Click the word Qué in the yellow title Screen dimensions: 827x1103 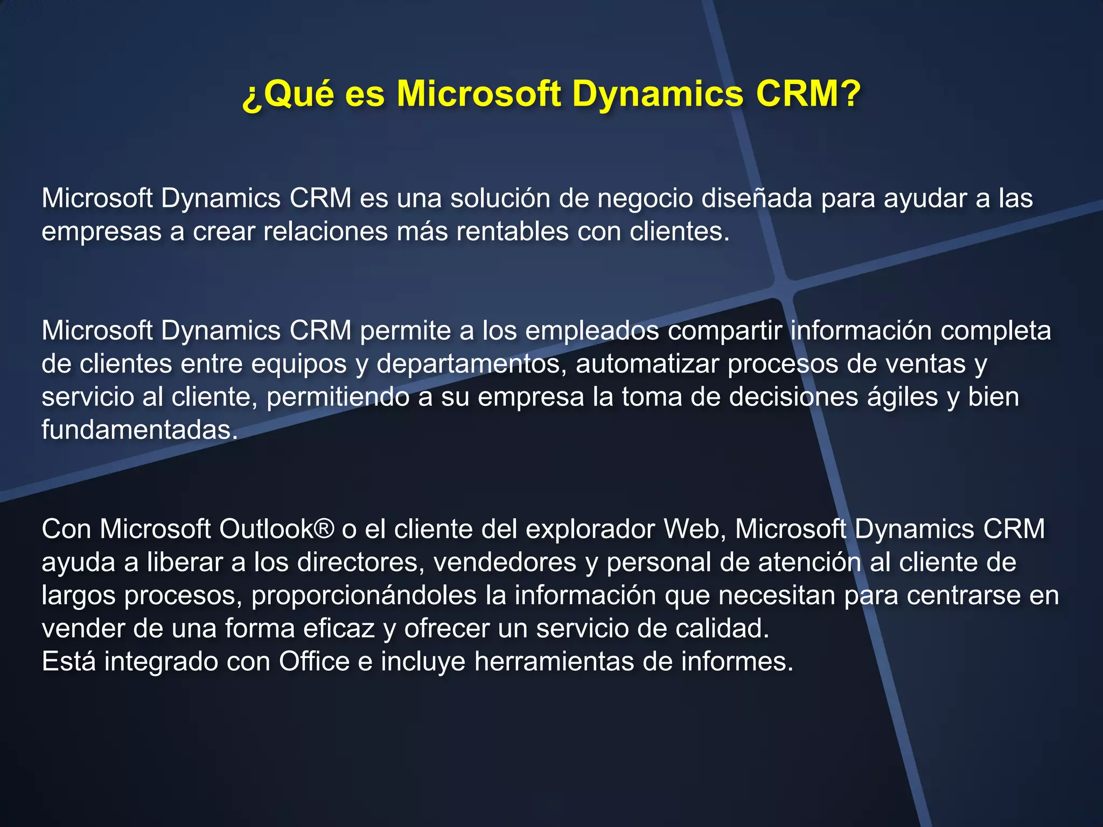coord(298,94)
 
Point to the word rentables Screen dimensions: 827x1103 coord(512,232)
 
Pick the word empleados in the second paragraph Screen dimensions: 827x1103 coord(592,331)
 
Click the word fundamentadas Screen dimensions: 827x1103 coord(139,430)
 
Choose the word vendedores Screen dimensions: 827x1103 coord(505,563)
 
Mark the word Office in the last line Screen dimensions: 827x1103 coord(314,662)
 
